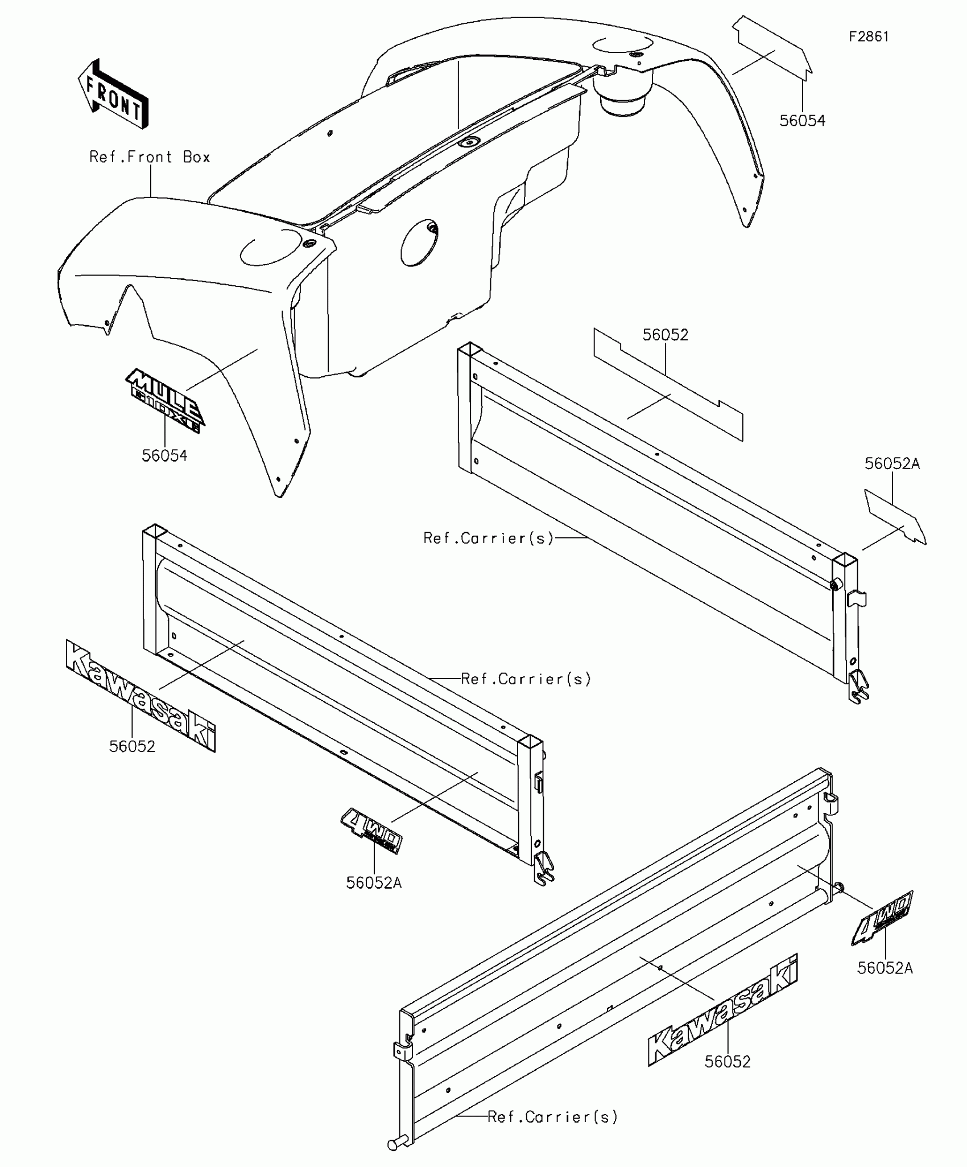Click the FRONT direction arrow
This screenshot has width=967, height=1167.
(x=113, y=94)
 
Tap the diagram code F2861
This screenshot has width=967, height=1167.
(x=869, y=37)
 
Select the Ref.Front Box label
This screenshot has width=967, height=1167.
(x=150, y=157)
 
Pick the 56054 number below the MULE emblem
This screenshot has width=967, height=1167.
(x=164, y=455)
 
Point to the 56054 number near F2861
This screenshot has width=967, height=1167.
(x=802, y=121)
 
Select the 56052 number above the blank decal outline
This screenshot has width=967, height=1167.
(x=665, y=335)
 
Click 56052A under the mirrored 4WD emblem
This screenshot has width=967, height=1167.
(x=374, y=883)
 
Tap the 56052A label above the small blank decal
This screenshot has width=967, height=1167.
(x=892, y=464)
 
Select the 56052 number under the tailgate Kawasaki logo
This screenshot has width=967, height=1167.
(x=728, y=1062)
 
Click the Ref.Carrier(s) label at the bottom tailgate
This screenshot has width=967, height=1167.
(x=552, y=1117)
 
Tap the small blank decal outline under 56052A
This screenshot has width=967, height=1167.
(x=895, y=516)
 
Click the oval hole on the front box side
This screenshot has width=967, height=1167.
(x=419, y=244)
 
